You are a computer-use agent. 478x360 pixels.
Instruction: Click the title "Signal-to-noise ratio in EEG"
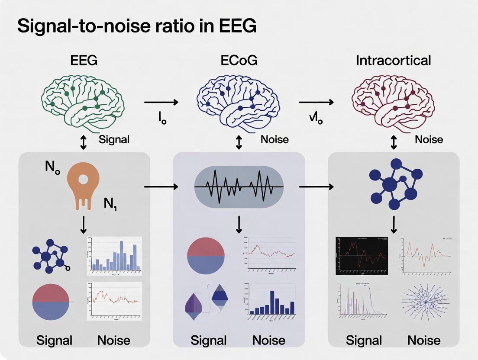[136, 26]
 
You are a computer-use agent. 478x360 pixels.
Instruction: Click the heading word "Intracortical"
[393, 60]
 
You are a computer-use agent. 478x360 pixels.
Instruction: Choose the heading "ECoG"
[239, 60]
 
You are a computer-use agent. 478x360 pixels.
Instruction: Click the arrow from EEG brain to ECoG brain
[161, 102]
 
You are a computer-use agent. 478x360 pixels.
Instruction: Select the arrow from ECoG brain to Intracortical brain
[316, 102]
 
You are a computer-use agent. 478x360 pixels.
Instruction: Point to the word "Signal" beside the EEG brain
[114, 140]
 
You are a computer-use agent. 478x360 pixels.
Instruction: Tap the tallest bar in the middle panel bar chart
[272, 302]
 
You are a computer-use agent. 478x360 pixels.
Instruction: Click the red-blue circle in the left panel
[51, 302]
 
